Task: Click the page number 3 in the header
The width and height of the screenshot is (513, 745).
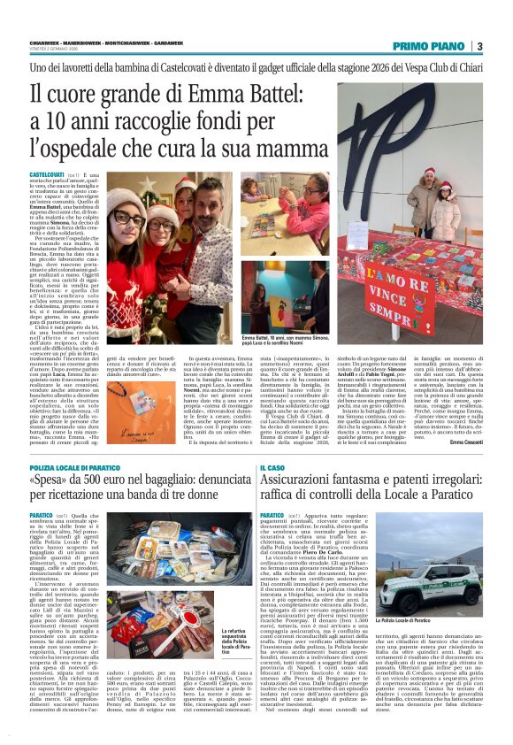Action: (x=479, y=46)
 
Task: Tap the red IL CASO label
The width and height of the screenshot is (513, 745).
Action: (x=272, y=467)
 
